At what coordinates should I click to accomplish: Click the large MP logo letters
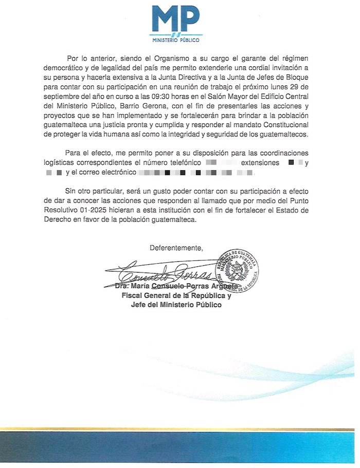[x=176, y=20]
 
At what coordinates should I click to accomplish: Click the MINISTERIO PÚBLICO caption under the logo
[x=176, y=40]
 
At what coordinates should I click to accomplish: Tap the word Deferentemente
[x=176, y=248]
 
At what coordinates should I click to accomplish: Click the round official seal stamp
[x=237, y=271]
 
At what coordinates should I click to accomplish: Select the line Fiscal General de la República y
[x=176, y=296]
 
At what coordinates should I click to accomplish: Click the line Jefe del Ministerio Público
[x=176, y=305]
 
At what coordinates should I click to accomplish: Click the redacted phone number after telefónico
[x=221, y=163]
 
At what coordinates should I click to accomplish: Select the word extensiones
[x=261, y=163]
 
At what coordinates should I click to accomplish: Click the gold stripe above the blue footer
[x=180, y=429]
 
